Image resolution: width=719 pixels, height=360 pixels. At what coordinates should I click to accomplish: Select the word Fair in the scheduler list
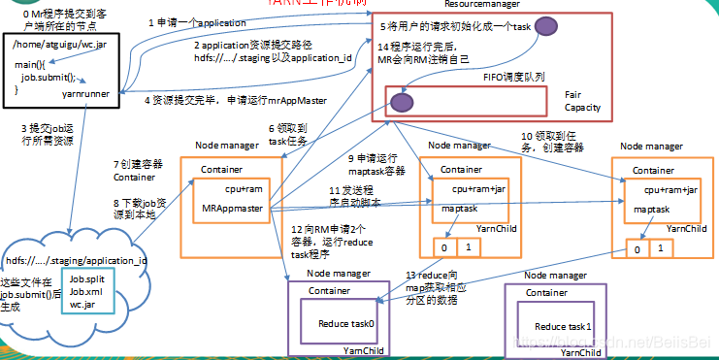[x=574, y=94]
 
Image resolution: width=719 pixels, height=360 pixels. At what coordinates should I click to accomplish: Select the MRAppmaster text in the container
[x=233, y=208]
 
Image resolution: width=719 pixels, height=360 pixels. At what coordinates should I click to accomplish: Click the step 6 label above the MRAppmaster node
[x=288, y=134]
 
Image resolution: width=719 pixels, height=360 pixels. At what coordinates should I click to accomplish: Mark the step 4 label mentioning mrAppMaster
[x=233, y=100]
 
